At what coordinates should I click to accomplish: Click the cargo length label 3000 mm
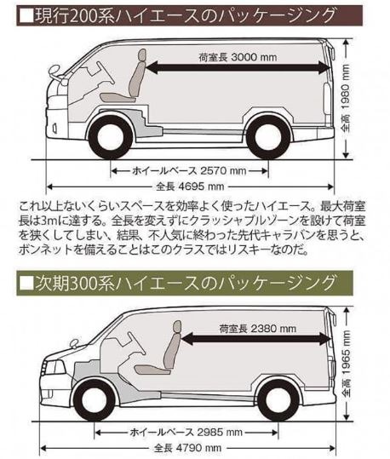point(238,57)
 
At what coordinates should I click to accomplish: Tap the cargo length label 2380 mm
point(258,329)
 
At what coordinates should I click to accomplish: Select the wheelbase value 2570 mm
point(189,170)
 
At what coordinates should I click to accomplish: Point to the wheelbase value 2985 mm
point(186,432)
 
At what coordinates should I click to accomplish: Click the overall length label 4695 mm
point(190,186)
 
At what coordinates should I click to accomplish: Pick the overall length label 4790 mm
point(187,448)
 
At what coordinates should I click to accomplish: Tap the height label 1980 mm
point(346,99)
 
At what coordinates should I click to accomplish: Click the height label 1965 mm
point(347,364)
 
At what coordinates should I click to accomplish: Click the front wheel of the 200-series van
point(111,137)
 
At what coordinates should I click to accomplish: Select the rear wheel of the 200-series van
point(268,137)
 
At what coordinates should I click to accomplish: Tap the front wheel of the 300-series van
point(95,400)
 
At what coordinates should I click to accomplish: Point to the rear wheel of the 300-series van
point(278,400)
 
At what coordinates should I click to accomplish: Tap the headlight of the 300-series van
point(54,367)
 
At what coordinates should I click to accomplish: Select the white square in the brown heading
point(26,15)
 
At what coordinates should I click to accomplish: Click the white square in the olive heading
point(26,283)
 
